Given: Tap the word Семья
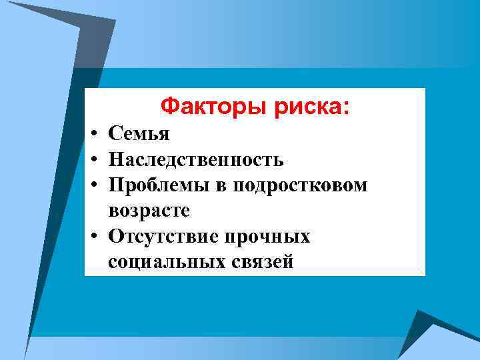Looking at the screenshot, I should pyautogui.click(x=139, y=134).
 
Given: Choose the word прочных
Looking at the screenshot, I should pyautogui.click(x=269, y=237).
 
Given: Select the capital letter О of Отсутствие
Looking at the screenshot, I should pyautogui.click(x=116, y=237).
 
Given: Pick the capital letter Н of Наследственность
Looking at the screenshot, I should pyautogui.click(x=116, y=160).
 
